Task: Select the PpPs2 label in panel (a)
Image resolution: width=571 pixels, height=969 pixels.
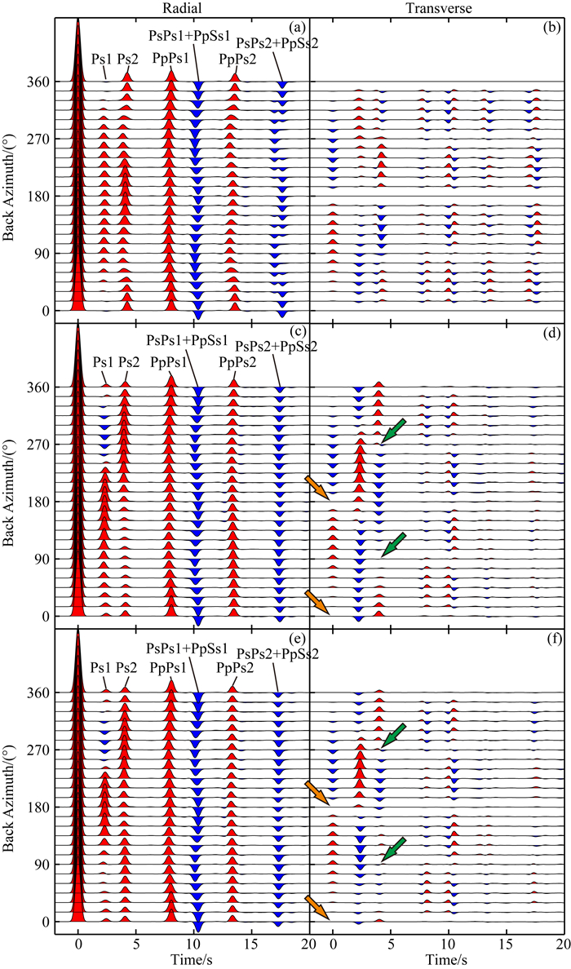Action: point(235,58)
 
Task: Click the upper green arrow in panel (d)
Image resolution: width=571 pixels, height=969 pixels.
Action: point(393,431)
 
